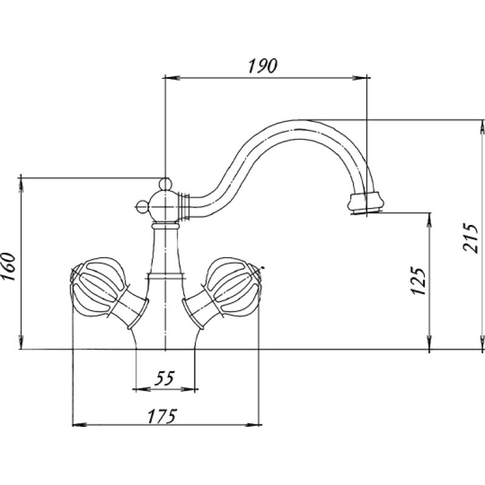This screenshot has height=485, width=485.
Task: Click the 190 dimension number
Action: (263, 65)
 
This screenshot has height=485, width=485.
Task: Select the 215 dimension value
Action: (470, 238)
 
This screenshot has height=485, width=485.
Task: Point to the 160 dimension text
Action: (8, 267)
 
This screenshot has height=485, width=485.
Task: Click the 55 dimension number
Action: (164, 378)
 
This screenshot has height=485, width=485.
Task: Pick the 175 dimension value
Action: (162, 416)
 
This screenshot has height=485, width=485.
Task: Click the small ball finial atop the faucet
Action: (165, 184)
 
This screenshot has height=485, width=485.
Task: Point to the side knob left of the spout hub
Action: (142, 207)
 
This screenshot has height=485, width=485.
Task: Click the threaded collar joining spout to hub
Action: (184, 206)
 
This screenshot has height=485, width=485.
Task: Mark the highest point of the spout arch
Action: (298, 120)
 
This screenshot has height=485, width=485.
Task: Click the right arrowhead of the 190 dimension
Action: (360, 78)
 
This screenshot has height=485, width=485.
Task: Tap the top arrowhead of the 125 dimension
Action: (429, 220)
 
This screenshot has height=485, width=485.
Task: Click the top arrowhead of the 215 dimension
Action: (482, 127)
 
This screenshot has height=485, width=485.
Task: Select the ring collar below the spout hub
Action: (165, 226)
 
